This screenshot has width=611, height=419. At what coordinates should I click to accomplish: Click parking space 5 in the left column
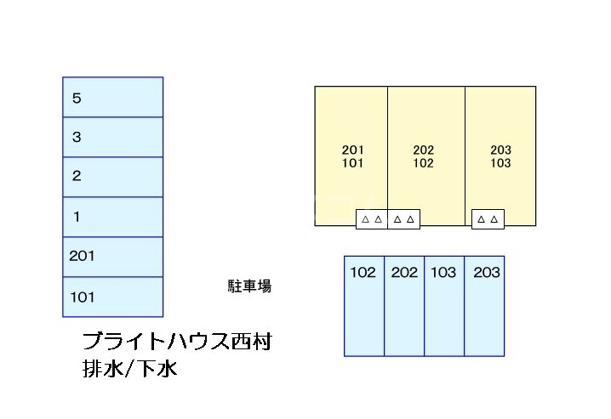(112, 97)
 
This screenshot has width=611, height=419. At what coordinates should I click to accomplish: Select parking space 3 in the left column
(112, 137)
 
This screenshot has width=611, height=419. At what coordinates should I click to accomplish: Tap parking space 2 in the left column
(112, 177)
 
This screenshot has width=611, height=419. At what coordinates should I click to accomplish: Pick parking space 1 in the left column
(112, 217)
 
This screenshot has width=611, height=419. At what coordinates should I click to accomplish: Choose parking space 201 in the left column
(112, 257)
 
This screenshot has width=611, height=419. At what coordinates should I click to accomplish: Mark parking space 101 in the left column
(112, 297)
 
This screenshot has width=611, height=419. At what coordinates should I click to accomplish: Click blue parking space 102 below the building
(364, 306)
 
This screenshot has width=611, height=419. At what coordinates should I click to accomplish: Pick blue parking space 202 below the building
(404, 306)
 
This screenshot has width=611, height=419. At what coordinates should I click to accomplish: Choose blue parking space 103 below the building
(444, 306)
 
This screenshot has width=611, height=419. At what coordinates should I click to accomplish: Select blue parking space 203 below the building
(484, 306)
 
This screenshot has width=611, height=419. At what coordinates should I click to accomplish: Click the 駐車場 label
(249, 286)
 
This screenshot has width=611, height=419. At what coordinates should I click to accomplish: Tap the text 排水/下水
(130, 370)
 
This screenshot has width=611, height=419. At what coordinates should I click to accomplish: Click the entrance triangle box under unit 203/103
(488, 219)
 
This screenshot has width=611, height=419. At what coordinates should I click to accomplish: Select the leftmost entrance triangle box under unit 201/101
(371, 219)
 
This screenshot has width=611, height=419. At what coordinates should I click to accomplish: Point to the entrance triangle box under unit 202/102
(404, 219)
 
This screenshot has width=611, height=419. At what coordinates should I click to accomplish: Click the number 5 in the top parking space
(77, 98)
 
